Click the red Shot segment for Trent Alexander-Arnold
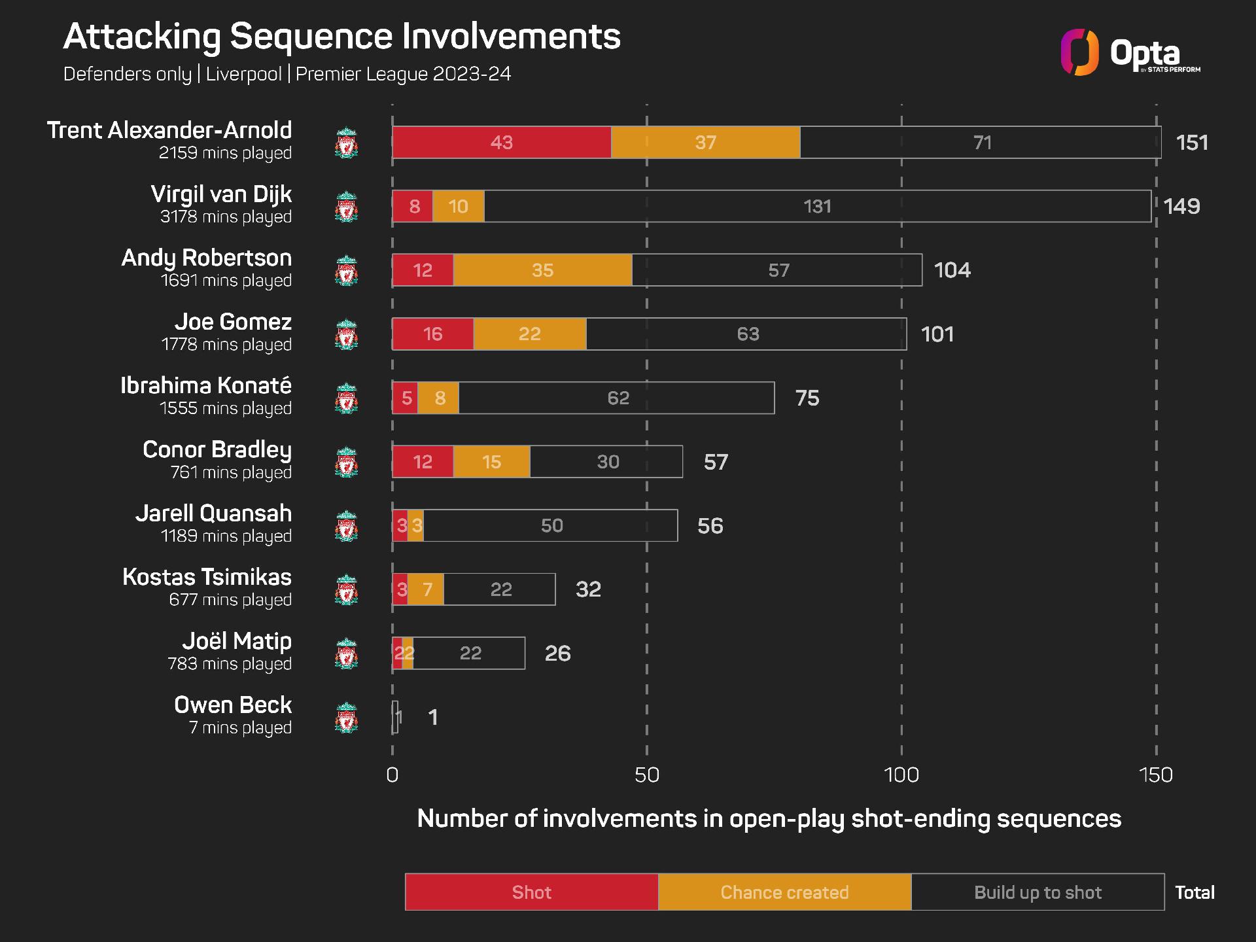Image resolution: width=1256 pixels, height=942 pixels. [502, 142]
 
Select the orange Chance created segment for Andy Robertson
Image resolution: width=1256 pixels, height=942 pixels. [542, 270]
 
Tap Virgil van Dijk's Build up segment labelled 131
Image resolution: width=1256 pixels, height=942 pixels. [817, 206]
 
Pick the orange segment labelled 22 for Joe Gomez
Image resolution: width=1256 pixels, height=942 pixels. [529, 334]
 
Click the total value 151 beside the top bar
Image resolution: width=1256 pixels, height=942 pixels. [1191, 143]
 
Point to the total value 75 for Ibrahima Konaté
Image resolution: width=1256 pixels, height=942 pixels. [807, 398]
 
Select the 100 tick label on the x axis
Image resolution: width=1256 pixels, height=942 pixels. [901, 775]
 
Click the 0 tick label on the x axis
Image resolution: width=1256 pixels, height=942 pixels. [392, 775]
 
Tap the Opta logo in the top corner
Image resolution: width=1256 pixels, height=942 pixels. [1130, 52]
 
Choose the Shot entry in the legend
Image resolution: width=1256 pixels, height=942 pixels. [531, 892]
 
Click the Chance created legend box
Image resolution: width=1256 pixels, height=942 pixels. [784, 892]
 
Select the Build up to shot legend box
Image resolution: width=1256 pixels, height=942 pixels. [1038, 892]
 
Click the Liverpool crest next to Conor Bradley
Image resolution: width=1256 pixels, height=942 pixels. [347, 462]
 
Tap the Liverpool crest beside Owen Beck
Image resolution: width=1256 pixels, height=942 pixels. [347, 718]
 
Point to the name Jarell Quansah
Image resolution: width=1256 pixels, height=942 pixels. [213, 514]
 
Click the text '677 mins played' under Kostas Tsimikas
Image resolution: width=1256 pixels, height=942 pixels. [230, 600]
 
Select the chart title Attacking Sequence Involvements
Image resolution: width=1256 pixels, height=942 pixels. [341, 37]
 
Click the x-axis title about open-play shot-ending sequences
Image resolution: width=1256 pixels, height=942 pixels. [769, 819]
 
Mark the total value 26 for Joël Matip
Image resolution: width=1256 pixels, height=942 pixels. [557, 654]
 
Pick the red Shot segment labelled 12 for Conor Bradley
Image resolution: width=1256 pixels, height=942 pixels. [423, 462]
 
